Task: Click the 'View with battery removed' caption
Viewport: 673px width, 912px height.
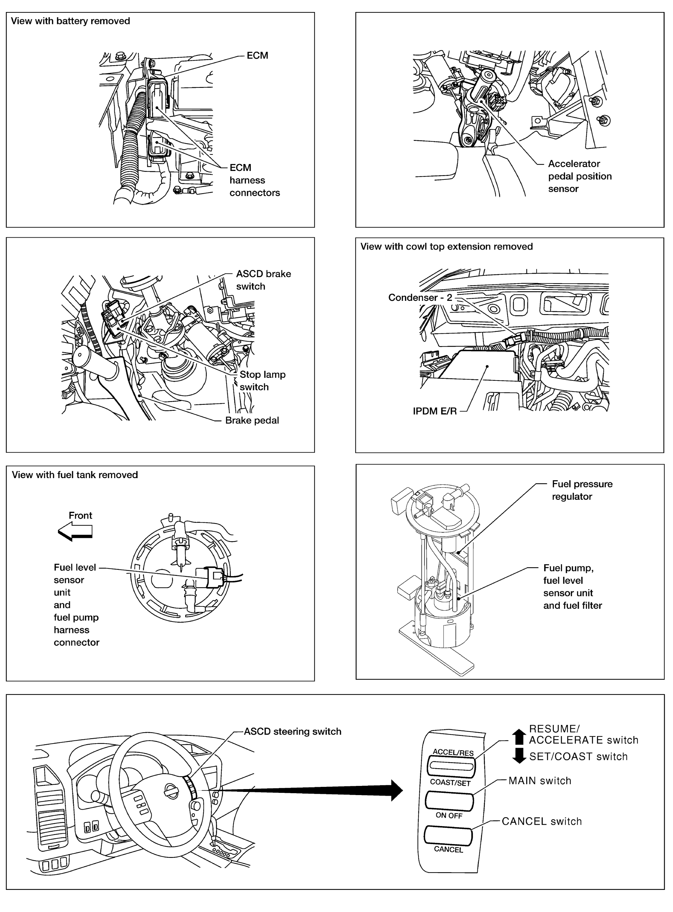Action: click(x=70, y=21)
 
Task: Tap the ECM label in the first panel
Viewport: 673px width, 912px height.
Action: click(x=257, y=55)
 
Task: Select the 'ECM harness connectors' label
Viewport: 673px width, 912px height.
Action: click(x=254, y=180)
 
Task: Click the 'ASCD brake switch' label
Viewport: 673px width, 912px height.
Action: click(x=263, y=280)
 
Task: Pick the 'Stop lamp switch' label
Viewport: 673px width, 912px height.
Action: click(x=262, y=380)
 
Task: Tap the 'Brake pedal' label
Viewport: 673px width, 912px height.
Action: click(x=252, y=420)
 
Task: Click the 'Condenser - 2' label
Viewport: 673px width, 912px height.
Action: click(x=420, y=297)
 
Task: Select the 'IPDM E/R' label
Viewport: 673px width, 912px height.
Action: click(x=435, y=411)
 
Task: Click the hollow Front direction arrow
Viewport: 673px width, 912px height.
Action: click(x=76, y=532)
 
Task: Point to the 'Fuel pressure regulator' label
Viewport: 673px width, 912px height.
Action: click(x=582, y=490)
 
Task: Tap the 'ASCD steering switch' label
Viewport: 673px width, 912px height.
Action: click(x=293, y=732)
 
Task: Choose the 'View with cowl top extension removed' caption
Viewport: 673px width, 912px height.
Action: click(x=446, y=246)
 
